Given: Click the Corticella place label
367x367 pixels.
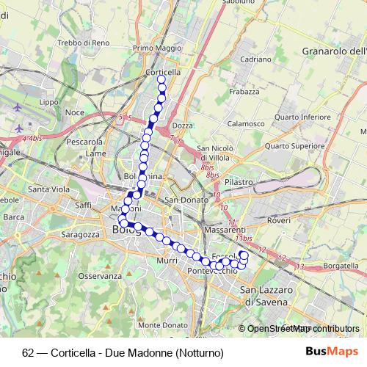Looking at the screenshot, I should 163,72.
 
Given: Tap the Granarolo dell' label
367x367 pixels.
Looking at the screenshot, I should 334,51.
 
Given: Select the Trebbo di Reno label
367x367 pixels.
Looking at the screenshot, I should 84,43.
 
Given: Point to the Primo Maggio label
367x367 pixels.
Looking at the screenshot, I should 157,48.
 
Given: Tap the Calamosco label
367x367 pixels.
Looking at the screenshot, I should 245,123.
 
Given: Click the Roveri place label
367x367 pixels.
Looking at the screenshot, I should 279,219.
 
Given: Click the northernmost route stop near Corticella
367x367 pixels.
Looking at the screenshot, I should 161,79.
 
